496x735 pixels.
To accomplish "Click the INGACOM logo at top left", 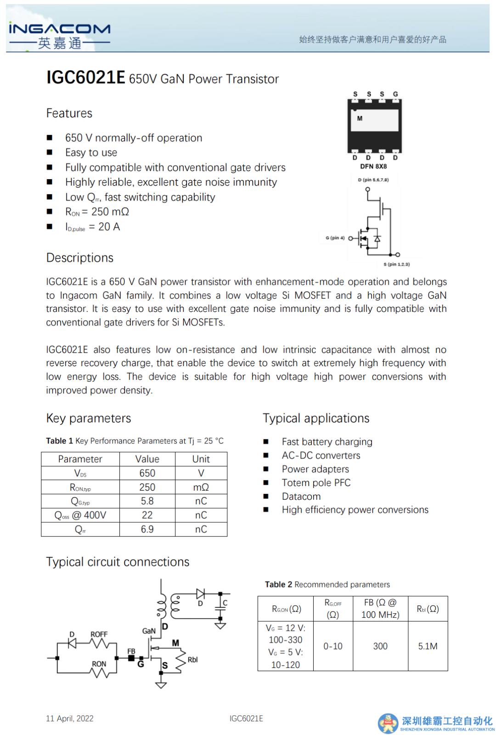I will click(x=59, y=35).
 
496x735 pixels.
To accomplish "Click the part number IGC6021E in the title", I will click(x=85, y=78).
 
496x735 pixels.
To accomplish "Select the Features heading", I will click(x=69, y=113).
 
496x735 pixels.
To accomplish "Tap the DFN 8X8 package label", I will click(x=373, y=166).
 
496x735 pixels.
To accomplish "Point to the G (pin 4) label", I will click(x=335, y=238).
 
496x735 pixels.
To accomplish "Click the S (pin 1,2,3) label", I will click(x=396, y=265).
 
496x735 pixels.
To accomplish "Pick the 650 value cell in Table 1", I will click(x=147, y=473).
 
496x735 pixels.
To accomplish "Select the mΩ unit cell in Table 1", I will click(x=201, y=487).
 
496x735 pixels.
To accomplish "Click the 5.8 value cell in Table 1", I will click(x=147, y=501).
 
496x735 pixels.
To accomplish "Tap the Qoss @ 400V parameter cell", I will click(x=80, y=515).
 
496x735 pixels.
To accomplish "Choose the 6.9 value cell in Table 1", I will click(x=147, y=529).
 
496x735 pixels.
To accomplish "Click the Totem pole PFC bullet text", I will click(x=316, y=483).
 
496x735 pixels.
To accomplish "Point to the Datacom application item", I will click(x=301, y=497).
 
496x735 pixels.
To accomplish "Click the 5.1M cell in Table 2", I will click(x=428, y=646).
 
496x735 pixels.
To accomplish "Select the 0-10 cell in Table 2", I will click(x=333, y=646).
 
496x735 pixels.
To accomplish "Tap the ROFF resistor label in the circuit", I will click(x=99, y=634).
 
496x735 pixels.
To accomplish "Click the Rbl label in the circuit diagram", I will click(x=192, y=660).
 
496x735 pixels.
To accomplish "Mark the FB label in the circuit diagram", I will click(x=131, y=651).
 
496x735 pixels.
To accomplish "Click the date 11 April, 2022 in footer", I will click(x=69, y=718).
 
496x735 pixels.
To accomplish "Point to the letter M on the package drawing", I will click(x=360, y=119).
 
